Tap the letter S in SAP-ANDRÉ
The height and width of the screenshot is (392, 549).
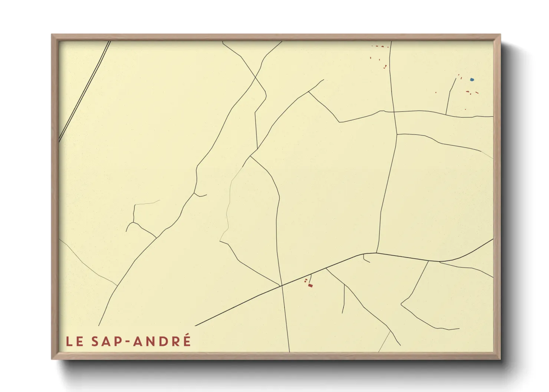(95, 341)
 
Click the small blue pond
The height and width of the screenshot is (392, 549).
(471, 79)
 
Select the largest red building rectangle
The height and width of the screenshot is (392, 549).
(310, 285)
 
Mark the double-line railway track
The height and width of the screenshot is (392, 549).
(85, 91)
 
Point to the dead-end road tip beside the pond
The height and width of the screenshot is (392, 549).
(456, 78)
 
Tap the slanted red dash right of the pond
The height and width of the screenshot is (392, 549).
(477, 92)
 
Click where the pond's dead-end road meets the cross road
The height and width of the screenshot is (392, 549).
(446, 114)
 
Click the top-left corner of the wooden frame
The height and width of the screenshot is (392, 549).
(52, 35)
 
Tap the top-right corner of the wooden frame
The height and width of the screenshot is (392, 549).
(500, 35)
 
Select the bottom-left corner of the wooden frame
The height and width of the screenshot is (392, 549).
(52, 359)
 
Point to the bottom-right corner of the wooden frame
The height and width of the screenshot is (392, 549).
(500, 359)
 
